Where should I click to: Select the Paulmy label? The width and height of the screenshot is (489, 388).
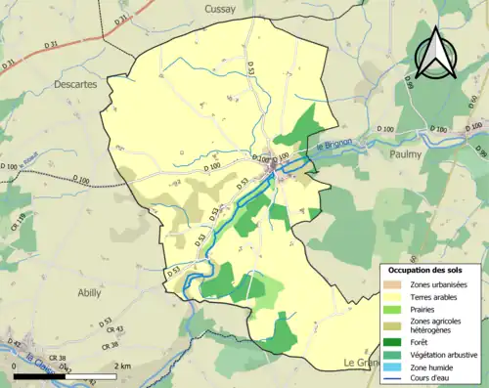404,153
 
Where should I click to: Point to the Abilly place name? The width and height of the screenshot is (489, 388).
90,292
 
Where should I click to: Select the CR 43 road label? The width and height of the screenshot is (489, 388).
115,329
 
